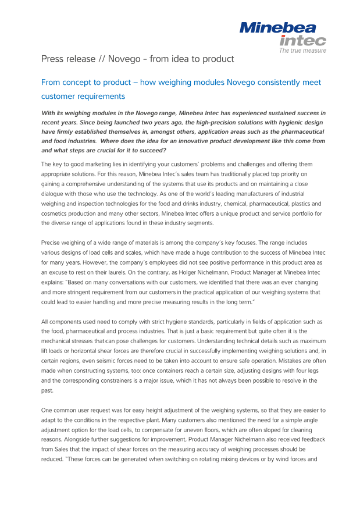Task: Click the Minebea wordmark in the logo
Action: [x=279, y=27]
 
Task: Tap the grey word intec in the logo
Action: [x=302, y=40]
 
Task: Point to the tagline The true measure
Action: [x=302, y=51]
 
